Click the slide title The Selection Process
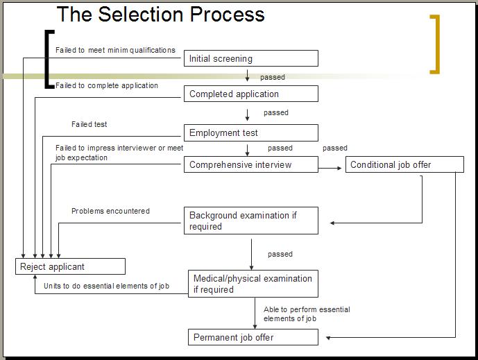pos(160,14)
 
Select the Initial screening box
pos(250,59)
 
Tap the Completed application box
pos(250,94)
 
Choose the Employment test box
pos(250,132)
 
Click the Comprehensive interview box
pos(250,165)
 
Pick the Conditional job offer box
pos(404,165)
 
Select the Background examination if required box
pos(250,221)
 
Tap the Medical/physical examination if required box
pos(253,284)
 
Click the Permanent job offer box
pos(253,338)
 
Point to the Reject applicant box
pos(70,266)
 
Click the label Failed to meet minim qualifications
pos(115,50)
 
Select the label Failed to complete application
pos(107,86)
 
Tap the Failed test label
pos(89,124)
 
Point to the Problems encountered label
pos(110,211)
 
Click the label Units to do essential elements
pos(106,286)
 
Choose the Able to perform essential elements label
pos(306,314)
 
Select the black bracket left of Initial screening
pos(47,60)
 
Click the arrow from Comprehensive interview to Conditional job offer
pos(332,168)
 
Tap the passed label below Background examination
pos(280,255)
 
